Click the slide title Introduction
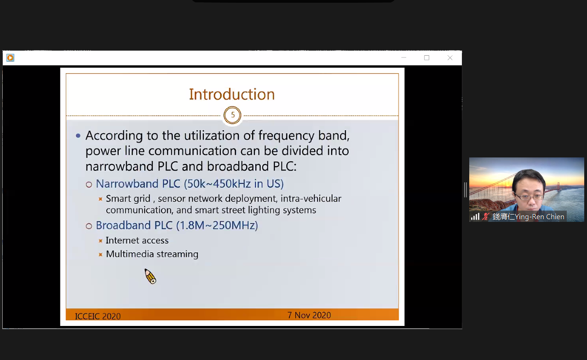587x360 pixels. coord(232,94)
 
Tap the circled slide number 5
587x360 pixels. coord(232,115)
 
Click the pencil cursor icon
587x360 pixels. coord(150,276)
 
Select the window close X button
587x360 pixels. coord(450,58)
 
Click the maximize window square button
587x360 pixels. coord(426,58)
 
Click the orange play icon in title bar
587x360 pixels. coord(10,58)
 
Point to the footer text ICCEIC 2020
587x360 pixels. coord(98,316)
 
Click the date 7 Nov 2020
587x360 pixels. coord(309,315)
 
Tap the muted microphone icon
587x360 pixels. coord(486,216)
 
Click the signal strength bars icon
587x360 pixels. coord(475,216)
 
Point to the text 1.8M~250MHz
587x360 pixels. coord(217,226)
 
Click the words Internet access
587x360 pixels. coord(137,240)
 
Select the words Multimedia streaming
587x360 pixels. coord(152,254)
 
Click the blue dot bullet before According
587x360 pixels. coord(78,135)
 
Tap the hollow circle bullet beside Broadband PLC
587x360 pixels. coord(89,226)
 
